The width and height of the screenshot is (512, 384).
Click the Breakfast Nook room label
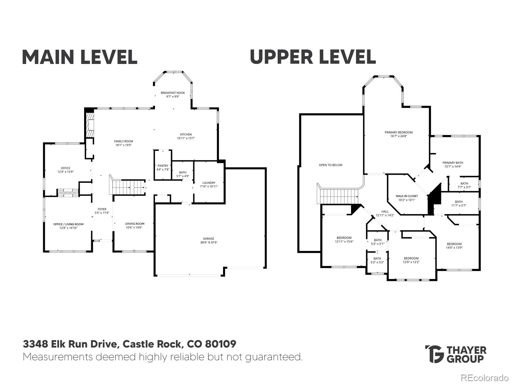(173, 93)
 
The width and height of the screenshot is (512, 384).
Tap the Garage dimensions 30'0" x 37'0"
(208, 242)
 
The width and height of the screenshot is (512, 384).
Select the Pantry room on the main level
(163, 165)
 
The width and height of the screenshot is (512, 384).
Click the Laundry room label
(209, 183)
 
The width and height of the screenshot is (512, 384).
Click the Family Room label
(124, 141)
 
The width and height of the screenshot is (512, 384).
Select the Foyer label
(102, 209)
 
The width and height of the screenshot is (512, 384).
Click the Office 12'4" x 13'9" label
(66, 168)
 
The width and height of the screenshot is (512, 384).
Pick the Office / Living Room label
(68, 224)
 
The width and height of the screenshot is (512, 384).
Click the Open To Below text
(331, 165)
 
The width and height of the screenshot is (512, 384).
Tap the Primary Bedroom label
(398, 132)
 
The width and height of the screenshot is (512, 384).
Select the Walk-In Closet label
(406, 196)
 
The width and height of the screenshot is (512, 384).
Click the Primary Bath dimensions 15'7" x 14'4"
(453, 166)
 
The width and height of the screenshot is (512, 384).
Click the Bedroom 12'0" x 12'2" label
(411, 258)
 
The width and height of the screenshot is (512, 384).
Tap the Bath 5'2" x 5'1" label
(378, 240)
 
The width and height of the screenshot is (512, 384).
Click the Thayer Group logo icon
(434, 354)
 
